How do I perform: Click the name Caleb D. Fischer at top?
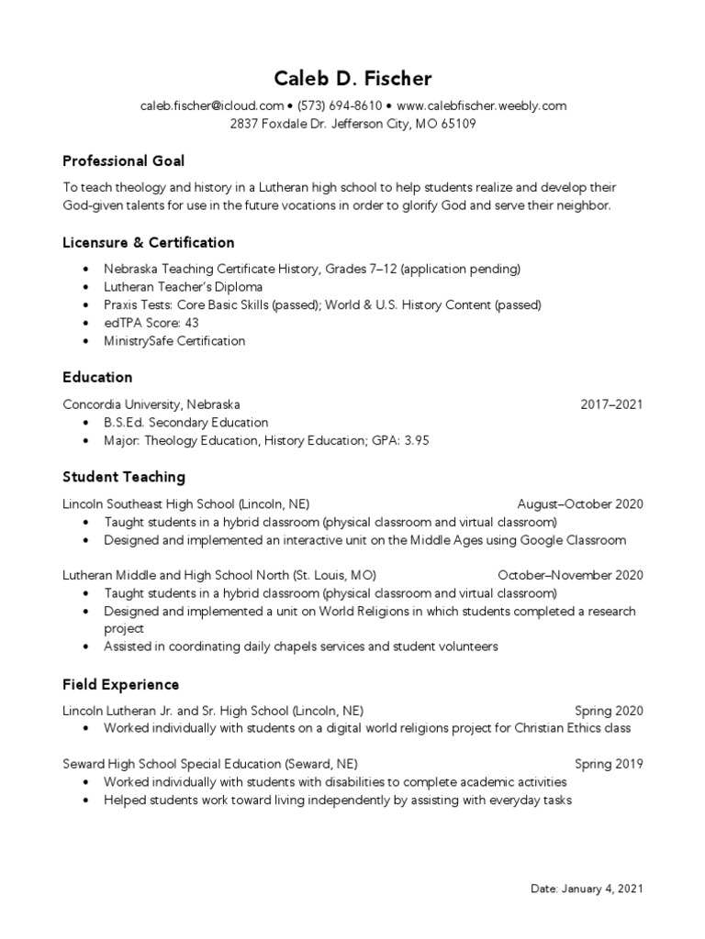tap(352, 80)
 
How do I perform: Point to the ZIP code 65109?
tap(458, 124)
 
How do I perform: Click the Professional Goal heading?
tap(124, 161)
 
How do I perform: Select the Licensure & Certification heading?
tap(149, 243)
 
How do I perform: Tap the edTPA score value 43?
tap(191, 323)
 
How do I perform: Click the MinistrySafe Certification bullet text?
tap(174, 341)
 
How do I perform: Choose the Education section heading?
tap(97, 378)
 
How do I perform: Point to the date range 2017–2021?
tap(612, 404)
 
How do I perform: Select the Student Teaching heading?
tap(124, 477)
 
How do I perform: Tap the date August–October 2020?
tap(580, 504)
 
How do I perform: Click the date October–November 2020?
tap(570, 576)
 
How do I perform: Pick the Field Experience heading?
tap(121, 685)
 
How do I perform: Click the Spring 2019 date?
tap(609, 764)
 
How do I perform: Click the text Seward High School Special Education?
tap(172, 764)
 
